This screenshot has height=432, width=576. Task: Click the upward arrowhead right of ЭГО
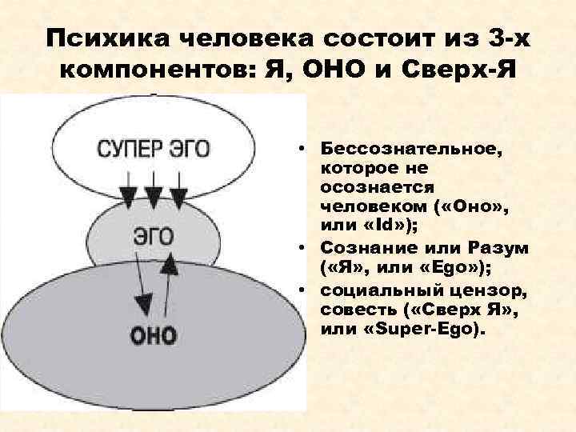[x=170, y=265]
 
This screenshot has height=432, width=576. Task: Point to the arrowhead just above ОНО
[x=143, y=304]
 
